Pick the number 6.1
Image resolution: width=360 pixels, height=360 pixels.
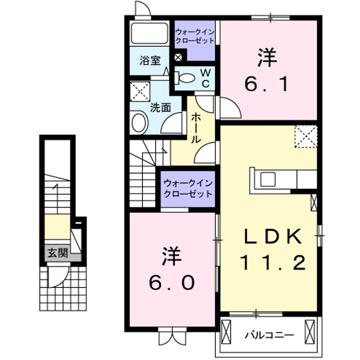click(267, 85)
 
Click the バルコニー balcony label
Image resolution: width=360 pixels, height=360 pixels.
click(268, 335)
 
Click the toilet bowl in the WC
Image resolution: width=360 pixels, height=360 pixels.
click(187, 78)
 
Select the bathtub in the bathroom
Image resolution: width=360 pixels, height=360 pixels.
click(149, 34)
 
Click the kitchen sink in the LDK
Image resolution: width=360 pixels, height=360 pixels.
click(268, 179)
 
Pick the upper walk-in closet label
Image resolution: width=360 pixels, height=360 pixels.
click(195, 36)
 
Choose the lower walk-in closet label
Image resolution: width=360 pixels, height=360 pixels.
click(188, 188)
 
